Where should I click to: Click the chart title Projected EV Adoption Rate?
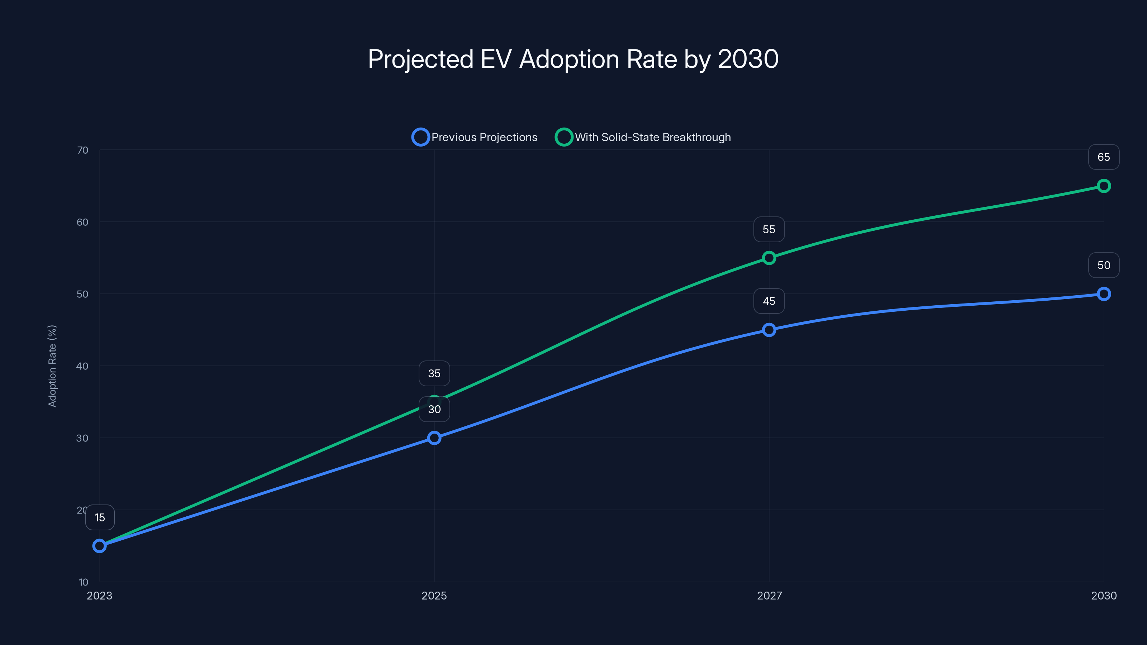tap(573, 59)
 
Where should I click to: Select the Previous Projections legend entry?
tap(475, 137)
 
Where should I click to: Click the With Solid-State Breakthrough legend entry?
tap(643, 137)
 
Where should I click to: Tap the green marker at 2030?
tap(1103, 186)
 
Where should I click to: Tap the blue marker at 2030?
tap(1103, 294)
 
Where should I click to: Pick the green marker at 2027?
tap(769, 258)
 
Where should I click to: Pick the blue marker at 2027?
tap(769, 330)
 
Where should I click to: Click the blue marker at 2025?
tap(434, 438)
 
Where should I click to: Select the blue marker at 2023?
tap(99, 546)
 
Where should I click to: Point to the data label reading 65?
tap(1103, 157)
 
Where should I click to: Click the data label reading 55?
tap(769, 229)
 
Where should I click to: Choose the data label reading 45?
tap(769, 301)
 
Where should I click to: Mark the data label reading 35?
tap(434, 373)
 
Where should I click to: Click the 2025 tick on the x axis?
tap(434, 596)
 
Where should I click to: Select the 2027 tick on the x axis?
tap(769, 596)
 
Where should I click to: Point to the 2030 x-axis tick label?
tap(1103, 596)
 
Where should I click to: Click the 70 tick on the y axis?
tap(83, 150)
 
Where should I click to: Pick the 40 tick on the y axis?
tap(82, 366)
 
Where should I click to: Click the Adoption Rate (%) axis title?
tap(52, 366)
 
